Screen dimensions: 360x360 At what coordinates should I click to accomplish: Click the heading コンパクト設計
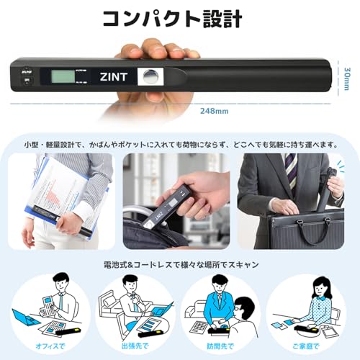(x=179, y=19)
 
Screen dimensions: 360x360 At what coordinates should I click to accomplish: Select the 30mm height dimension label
(x=347, y=75)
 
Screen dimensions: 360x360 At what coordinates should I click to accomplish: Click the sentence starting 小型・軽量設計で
(x=179, y=144)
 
